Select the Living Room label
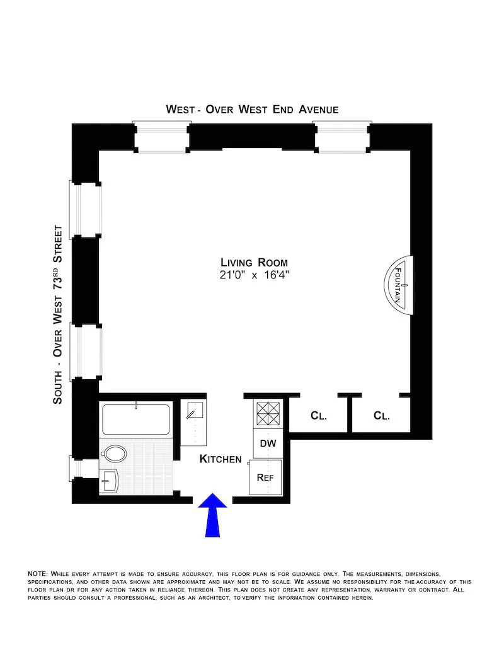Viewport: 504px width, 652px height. [254, 263]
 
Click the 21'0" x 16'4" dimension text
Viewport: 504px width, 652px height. [254, 275]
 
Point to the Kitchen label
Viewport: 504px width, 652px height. [220, 459]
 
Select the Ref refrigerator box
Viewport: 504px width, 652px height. [265, 478]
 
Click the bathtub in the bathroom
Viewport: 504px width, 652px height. [136, 420]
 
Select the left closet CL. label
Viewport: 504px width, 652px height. [319, 416]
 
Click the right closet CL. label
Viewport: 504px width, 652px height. [382, 416]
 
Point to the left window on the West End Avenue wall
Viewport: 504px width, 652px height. [162, 137]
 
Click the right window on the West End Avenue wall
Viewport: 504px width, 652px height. [341, 137]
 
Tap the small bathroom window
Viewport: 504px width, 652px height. [75, 467]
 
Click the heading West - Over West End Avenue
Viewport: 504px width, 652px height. [252, 110]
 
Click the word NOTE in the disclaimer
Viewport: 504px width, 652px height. [37, 574]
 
